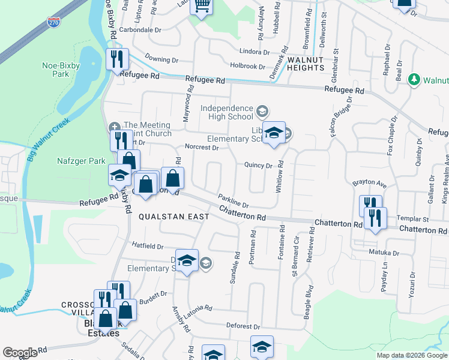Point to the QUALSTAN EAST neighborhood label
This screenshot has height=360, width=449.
pos(173,216)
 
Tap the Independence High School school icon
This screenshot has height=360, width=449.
pos(262,110)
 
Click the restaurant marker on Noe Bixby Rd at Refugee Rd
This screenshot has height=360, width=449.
pos(116,59)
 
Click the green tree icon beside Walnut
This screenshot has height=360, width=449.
pos(414,79)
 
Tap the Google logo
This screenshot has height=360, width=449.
pos(20,353)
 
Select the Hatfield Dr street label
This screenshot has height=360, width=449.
pos(148,246)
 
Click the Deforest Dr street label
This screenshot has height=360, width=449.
pos(243,327)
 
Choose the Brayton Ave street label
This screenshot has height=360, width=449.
pos(367,182)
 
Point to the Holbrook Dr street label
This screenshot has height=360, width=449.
pos(247,66)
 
